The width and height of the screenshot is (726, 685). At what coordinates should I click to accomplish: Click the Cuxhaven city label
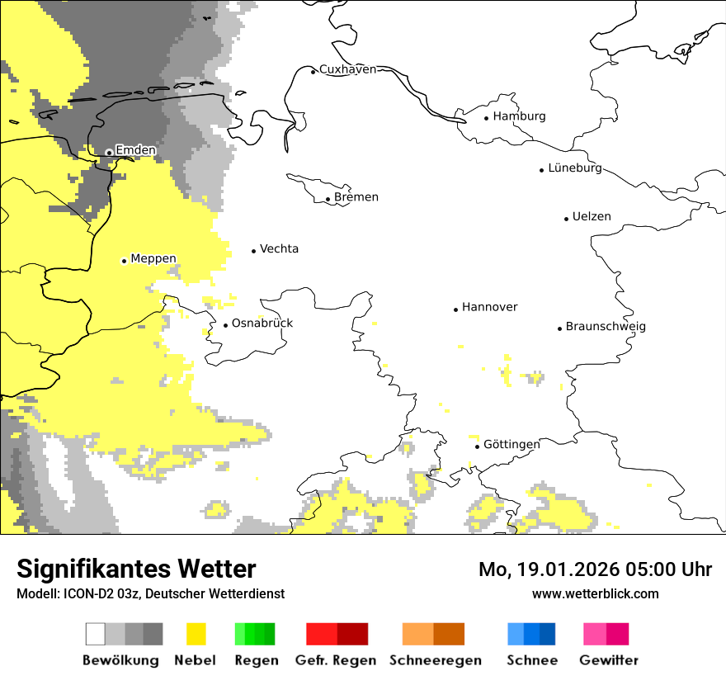[347, 69]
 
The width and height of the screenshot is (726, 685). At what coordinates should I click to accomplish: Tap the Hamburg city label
[519, 116]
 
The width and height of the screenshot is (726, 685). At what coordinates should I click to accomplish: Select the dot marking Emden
[109, 152]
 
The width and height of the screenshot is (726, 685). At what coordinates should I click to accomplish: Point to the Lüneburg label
[574, 168]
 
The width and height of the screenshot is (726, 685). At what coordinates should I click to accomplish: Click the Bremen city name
[356, 197]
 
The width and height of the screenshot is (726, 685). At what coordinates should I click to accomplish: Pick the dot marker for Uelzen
[566, 219]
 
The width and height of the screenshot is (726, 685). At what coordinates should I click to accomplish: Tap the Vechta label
[279, 249]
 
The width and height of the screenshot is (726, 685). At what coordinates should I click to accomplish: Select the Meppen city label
[153, 259]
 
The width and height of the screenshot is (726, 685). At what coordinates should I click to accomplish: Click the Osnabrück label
[262, 324]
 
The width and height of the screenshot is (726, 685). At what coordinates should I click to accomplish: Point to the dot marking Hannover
[455, 309]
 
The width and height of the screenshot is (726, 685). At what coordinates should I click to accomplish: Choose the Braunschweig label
[606, 327]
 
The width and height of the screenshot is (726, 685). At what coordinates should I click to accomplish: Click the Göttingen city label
[511, 445]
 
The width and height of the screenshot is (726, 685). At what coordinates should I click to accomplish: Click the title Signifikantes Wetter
[136, 569]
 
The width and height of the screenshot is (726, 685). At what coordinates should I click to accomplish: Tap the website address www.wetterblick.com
[595, 594]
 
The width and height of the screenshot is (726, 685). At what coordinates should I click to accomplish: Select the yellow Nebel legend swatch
[196, 634]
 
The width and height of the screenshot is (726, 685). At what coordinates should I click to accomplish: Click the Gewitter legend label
[609, 660]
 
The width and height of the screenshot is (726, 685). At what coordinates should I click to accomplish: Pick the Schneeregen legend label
[436, 660]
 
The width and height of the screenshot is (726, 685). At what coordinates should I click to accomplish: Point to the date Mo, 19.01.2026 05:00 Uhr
[595, 569]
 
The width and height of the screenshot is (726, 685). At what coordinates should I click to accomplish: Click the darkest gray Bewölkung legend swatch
[153, 634]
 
